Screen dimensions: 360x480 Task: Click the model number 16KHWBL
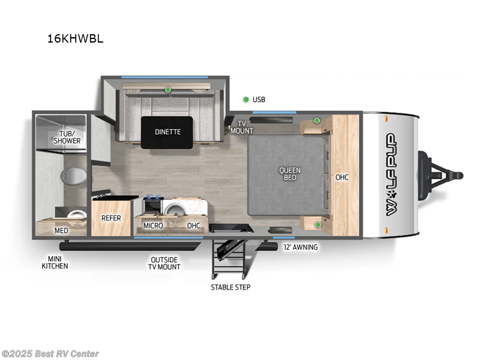(x=75, y=38)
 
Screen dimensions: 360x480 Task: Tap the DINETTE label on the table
(x=168, y=132)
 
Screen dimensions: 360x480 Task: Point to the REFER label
(x=111, y=218)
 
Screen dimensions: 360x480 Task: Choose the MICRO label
(x=153, y=225)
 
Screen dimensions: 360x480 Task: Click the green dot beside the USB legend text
(x=245, y=100)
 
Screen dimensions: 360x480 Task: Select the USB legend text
(x=259, y=100)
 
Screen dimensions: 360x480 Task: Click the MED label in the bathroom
(x=61, y=230)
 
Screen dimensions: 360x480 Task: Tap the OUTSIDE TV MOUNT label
(x=165, y=263)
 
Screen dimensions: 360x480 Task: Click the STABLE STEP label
(x=230, y=287)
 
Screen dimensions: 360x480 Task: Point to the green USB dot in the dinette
(x=168, y=90)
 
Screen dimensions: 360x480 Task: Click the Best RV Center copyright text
(x=50, y=354)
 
